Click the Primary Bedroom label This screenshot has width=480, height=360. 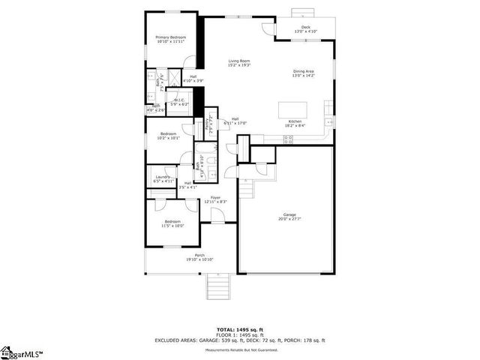[171, 39]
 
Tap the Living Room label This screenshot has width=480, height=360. [239, 63]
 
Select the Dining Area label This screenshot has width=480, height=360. [304, 73]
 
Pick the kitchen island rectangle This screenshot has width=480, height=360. [293, 109]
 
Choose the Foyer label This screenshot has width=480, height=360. [215, 199]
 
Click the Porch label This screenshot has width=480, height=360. [199, 257]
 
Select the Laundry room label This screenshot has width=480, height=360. [163, 179]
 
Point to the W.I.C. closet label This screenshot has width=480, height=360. [180, 102]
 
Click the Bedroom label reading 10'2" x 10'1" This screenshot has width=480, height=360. [168, 136]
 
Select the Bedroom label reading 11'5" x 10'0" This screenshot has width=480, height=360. [173, 223]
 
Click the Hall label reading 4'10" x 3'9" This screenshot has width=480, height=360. [193, 78]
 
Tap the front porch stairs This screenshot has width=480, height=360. [217, 286]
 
